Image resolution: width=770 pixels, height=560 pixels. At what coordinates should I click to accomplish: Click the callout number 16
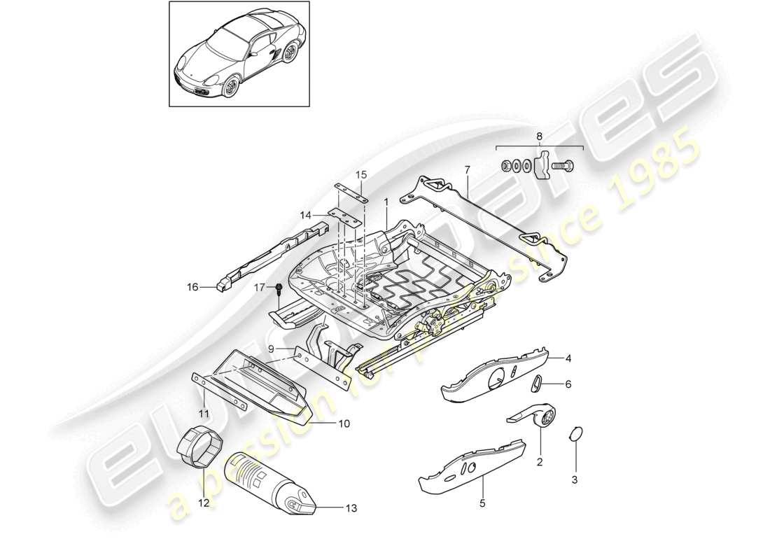(191, 286)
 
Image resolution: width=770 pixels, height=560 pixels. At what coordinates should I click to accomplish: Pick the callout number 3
(575, 479)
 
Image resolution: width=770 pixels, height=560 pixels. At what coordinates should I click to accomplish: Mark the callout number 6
(568, 384)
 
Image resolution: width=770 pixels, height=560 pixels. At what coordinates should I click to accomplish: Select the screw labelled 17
(279, 288)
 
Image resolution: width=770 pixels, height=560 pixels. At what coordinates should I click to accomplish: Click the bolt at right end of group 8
(563, 167)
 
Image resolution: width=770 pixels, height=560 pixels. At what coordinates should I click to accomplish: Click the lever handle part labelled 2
(534, 419)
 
